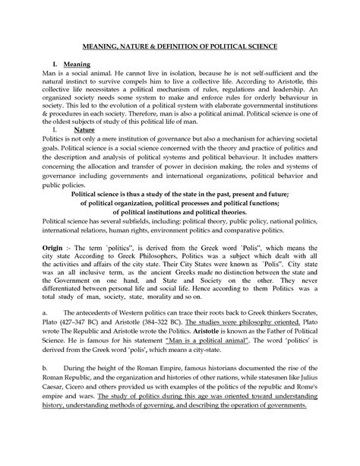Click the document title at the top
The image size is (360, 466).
[x=180, y=47]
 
